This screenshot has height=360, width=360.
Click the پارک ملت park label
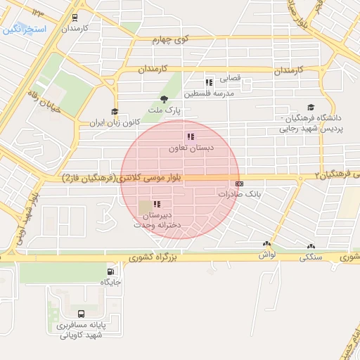(169, 111)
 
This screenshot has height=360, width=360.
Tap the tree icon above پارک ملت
(165, 99)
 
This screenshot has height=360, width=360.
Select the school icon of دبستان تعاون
(190, 136)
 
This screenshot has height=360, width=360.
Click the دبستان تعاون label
(191, 149)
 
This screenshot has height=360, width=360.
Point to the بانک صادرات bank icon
(240, 183)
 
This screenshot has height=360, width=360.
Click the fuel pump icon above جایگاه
(110, 271)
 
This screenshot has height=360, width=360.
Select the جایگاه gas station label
(110, 283)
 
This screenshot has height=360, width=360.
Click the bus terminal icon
(81, 314)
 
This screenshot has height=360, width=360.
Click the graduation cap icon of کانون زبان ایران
(115, 111)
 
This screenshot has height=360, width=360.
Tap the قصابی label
(231, 79)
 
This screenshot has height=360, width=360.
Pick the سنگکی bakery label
(311, 257)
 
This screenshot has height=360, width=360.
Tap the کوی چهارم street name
(172, 40)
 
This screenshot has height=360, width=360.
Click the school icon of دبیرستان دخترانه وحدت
(157, 204)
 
